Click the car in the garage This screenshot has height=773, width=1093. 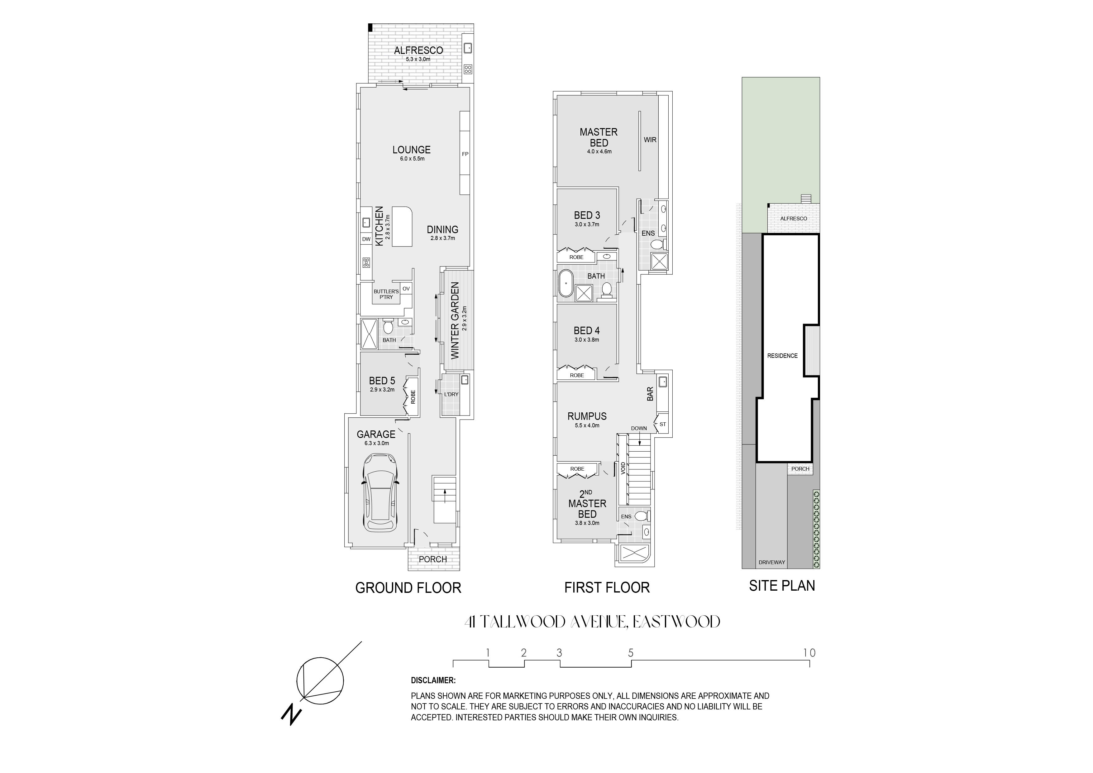[x=380, y=492]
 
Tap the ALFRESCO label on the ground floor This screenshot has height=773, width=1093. [x=418, y=50]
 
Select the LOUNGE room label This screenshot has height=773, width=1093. [x=411, y=150]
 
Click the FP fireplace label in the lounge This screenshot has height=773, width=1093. [x=465, y=154]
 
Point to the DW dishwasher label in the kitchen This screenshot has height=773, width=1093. [x=366, y=239]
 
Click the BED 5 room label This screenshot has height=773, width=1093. [x=382, y=381]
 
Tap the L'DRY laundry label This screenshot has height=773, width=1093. [x=451, y=394]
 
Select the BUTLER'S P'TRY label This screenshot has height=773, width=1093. [x=386, y=294]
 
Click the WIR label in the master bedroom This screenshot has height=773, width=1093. [x=650, y=140]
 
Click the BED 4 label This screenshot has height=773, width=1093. [x=586, y=330]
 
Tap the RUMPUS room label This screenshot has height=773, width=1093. [x=587, y=416]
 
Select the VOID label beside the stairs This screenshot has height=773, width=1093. [x=623, y=468]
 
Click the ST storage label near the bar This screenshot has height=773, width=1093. [x=663, y=424]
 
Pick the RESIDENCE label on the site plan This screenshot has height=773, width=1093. [x=782, y=356]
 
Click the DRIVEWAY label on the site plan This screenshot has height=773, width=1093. [x=772, y=563]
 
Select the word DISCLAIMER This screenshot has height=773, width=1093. [x=433, y=681]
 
